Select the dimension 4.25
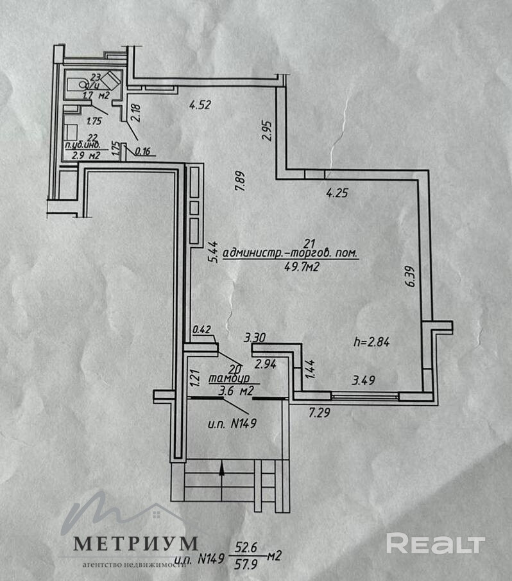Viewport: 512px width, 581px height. pos(337,192)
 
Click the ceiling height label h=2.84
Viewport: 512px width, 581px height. pos(373,342)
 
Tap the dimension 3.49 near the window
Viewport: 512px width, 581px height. pos(363,381)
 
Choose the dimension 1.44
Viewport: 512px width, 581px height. pos(309,371)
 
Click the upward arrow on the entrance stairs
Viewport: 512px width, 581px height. pos(221,471)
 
